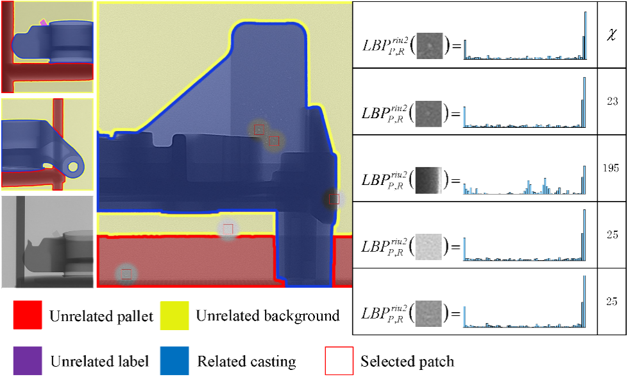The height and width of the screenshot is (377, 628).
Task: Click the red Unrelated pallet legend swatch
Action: [x=28, y=315]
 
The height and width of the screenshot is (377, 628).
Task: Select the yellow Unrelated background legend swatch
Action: [x=174, y=315]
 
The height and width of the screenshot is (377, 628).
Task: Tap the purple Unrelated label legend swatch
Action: [x=28, y=360]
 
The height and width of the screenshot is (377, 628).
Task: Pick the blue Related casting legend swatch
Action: [x=174, y=360]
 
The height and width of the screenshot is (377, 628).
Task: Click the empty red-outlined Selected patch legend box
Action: [x=339, y=361]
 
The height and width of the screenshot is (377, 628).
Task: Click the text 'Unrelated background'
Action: [x=267, y=315]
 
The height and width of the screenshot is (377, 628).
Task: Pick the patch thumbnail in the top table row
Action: [x=430, y=46]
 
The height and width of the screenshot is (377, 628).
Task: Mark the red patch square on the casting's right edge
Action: [x=334, y=200]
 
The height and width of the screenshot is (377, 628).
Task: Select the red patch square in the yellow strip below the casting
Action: [x=228, y=229]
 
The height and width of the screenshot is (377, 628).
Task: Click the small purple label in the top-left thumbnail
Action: [x=43, y=22]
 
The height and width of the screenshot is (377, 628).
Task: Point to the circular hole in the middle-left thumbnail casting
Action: [x=73, y=168]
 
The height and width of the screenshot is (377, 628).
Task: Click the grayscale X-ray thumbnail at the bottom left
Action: [x=47, y=241]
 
